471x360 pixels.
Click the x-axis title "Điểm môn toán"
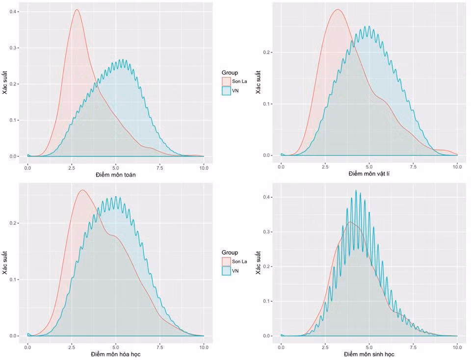click(x=116, y=175)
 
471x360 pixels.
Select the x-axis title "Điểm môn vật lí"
click(x=369, y=174)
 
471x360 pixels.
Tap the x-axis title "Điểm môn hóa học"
click(x=116, y=354)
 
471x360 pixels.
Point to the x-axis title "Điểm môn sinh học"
click(x=369, y=354)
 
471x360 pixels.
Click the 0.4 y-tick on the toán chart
click(x=13, y=12)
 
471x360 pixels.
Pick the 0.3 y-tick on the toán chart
click(x=13, y=48)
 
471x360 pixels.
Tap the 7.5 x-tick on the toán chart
click(x=160, y=168)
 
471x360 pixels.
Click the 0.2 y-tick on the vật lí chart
click(x=266, y=52)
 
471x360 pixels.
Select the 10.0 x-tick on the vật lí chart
click(x=457, y=167)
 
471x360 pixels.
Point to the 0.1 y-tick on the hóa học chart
click(x=13, y=280)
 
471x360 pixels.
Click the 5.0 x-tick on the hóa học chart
click(x=116, y=347)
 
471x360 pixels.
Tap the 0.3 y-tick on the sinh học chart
click(x=266, y=232)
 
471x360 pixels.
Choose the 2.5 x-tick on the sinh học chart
click(x=325, y=347)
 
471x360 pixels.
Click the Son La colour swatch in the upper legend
click(x=226, y=81)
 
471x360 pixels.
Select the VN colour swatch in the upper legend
click(x=226, y=91)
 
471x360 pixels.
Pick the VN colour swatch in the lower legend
click(x=226, y=271)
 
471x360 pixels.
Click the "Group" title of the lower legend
click(x=230, y=253)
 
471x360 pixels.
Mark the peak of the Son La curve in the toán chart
click(x=77, y=9)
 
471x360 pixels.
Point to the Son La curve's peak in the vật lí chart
click(x=338, y=9)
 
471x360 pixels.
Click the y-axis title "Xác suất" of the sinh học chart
click(x=258, y=263)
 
